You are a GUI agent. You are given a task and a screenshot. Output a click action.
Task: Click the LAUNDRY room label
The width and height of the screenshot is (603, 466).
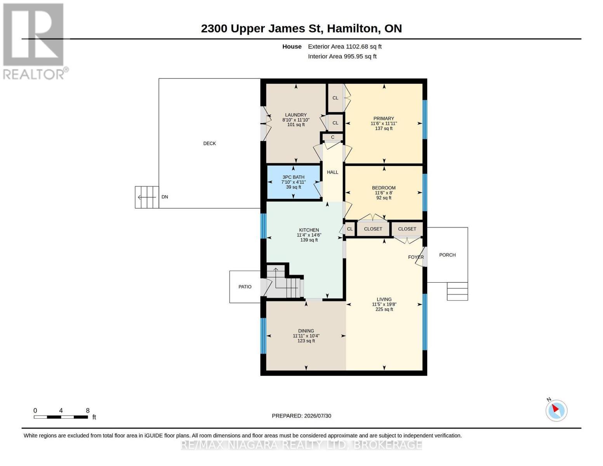[296, 115]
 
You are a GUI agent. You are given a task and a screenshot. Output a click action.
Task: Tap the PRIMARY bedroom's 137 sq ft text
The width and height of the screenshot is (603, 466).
[384, 129]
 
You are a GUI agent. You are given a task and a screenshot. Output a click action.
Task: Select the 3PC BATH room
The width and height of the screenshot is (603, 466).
[293, 182]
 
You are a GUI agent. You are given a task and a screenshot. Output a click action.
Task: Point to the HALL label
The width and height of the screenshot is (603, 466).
[332, 172]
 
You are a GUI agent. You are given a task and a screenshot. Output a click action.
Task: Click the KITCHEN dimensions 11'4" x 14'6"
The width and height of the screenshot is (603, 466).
[309, 235]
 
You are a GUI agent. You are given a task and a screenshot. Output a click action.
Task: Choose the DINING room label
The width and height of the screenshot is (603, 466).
[306, 331]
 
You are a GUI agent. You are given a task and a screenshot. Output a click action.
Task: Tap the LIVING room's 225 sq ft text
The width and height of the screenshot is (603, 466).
[384, 310]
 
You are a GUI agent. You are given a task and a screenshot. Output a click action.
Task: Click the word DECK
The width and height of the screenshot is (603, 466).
[210, 144]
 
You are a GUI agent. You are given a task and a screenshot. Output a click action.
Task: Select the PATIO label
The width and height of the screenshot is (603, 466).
[245, 287]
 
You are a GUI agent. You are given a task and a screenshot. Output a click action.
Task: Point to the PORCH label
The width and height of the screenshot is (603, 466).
[447, 255]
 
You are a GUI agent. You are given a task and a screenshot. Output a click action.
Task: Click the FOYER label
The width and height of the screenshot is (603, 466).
[416, 257]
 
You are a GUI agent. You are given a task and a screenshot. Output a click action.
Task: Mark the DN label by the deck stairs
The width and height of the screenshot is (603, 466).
[165, 197]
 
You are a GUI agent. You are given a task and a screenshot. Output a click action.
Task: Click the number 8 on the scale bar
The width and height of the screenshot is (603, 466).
[88, 410]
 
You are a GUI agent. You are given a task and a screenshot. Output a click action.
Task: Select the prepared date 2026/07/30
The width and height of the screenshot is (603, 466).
[318, 416]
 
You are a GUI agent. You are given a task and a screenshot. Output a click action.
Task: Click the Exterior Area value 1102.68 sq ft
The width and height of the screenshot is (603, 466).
[363, 47]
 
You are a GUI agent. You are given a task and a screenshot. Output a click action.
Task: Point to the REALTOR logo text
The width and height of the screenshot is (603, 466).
[33, 75]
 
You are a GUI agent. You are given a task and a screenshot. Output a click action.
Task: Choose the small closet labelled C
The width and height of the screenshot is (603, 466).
[332, 137]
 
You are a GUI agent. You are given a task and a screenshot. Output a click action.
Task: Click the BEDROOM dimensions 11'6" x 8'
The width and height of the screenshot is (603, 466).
[384, 193]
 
